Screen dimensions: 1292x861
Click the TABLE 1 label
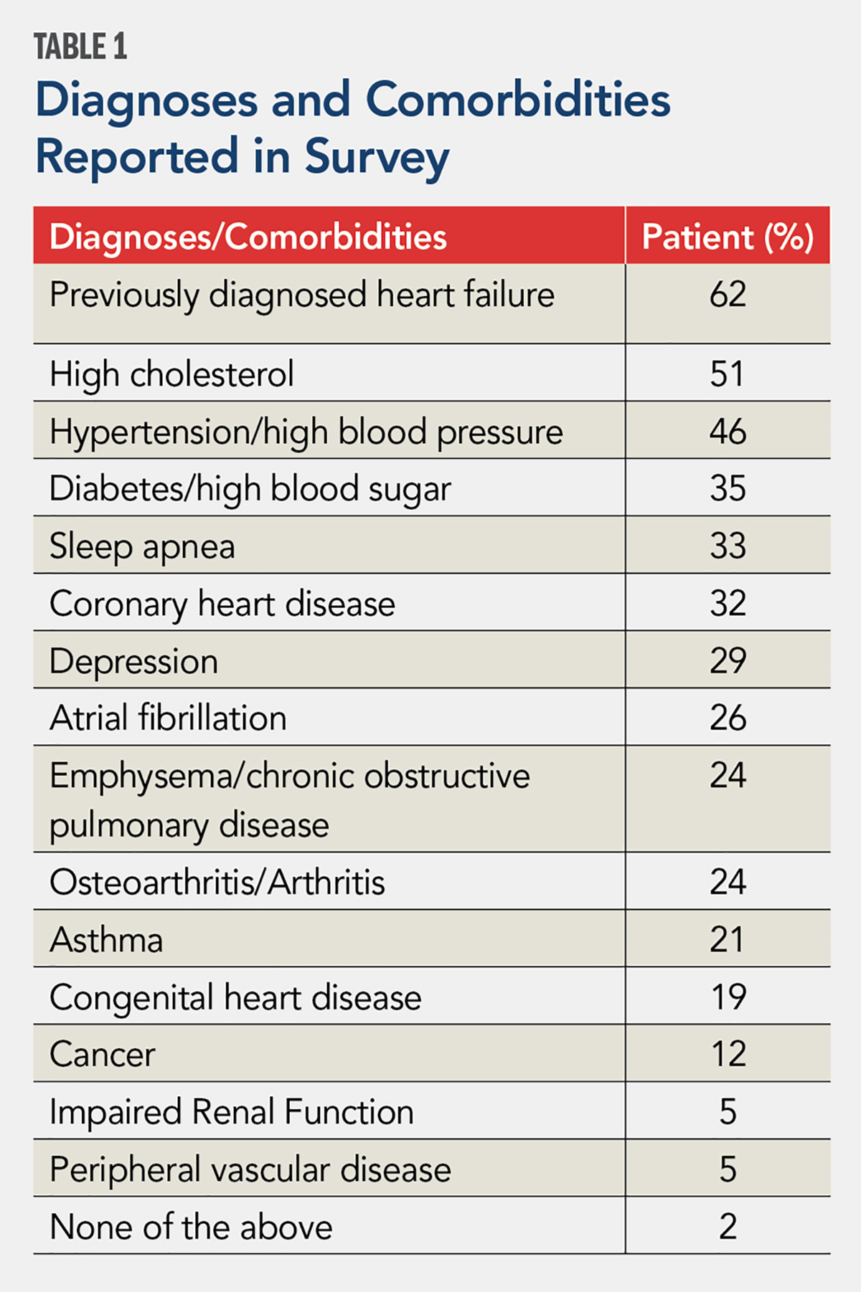80,47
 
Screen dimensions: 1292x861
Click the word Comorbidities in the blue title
518,100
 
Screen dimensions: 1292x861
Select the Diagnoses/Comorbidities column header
248,237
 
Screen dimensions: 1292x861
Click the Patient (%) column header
727,237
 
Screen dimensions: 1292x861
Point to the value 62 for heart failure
728,295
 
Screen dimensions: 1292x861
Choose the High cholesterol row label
171,374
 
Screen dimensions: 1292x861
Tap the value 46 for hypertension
728,432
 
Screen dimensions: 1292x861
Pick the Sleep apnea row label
142,547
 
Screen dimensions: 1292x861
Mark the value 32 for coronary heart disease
728,604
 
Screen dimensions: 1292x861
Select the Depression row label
133,661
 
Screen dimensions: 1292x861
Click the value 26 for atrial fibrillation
728,718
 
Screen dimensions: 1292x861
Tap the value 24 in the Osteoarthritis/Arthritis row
728,882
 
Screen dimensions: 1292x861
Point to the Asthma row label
106,940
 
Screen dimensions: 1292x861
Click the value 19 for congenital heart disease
728,997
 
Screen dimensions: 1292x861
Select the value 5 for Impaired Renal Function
728,1112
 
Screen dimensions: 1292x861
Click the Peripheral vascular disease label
250,1169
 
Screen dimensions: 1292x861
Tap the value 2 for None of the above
728,1227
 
